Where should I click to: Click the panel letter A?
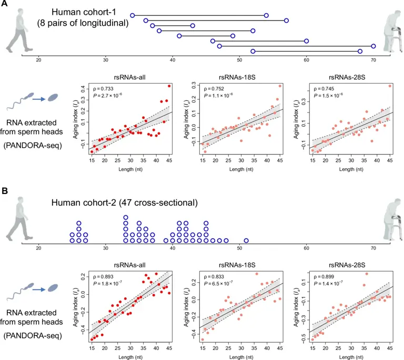(x=4, y=4)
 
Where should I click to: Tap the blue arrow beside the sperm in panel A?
(x=37, y=97)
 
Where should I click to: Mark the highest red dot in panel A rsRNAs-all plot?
(x=169, y=86)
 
